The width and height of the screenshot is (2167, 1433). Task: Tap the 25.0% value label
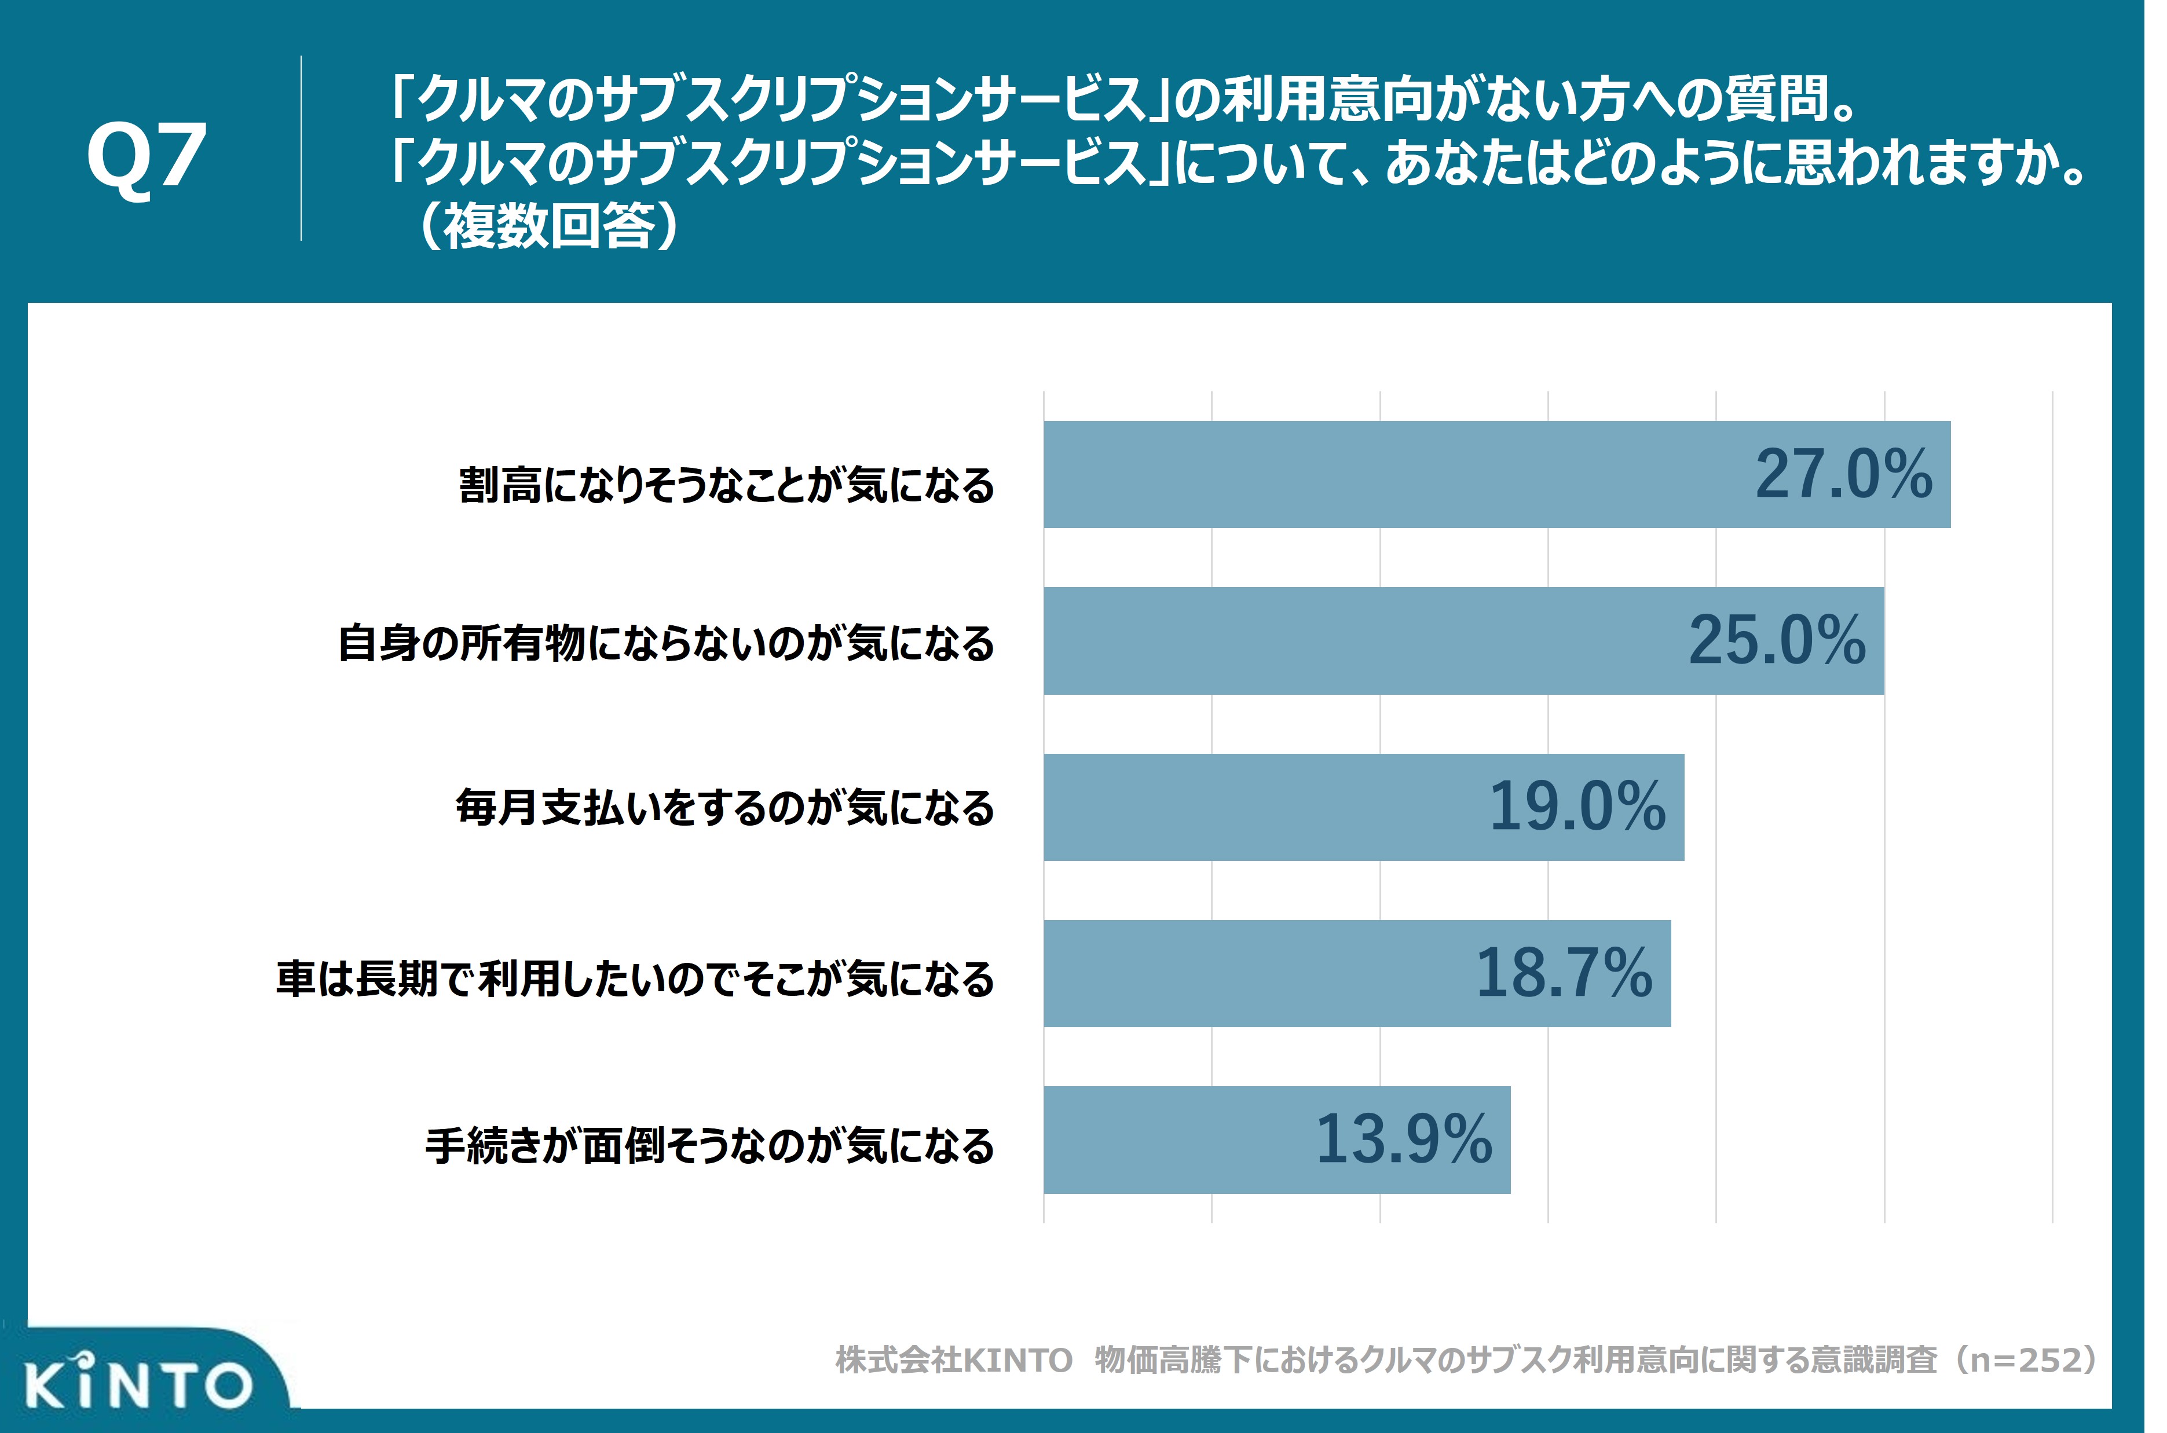coord(1776,640)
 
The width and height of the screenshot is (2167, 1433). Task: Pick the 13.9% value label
coord(1403,1139)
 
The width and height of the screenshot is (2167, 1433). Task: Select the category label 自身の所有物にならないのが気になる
coord(665,643)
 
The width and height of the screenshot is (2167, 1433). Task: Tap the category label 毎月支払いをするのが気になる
coord(725,808)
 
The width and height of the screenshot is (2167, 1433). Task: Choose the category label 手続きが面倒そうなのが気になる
coord(709,1145)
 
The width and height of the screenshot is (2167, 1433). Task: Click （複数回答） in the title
coord(548,226)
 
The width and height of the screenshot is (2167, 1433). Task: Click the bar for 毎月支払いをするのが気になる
coord(1261,807)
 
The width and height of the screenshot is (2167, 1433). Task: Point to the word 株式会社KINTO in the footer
coord(953,1360)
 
